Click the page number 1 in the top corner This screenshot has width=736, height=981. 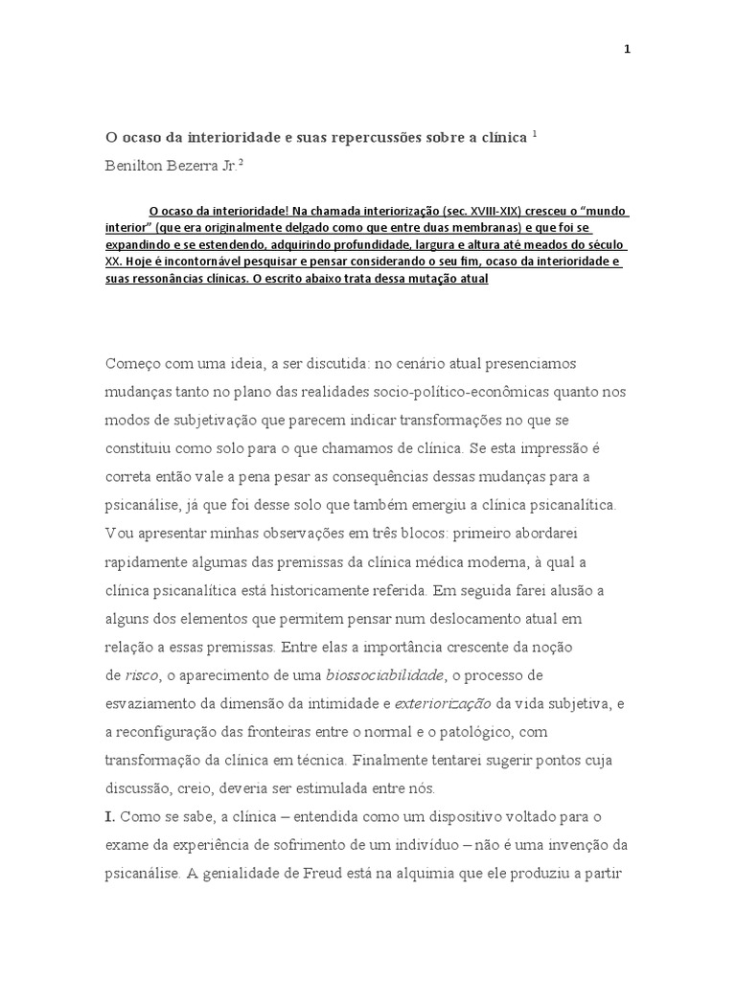pos(627,50)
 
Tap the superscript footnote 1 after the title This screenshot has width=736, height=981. pos(535,134)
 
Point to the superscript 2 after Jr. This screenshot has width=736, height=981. pos(241,161)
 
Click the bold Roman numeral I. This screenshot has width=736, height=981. pos(110,817)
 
